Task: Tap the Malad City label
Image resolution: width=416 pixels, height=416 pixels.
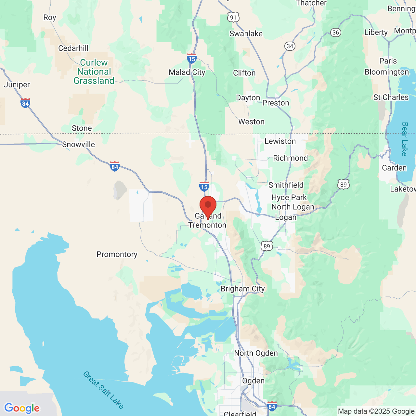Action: pyautogui.click(x=187, y=72)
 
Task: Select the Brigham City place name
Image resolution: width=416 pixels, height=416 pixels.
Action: pyautogui.click(x=243, y=289)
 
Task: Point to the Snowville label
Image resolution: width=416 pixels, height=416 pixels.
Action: pyautogui.click(x=78, y=145)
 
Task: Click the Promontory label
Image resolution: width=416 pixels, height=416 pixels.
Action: pyautogui.click(x=117, y=254)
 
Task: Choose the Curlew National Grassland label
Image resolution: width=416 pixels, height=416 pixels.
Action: pyautogui.click(x=94, y=71)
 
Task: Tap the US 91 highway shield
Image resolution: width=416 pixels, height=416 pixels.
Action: pyautogui.click(x=233, y=17)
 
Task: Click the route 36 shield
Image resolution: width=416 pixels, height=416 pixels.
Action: pyautogui.click(x=336, y=32)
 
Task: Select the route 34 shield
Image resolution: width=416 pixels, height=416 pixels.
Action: pyautogui.click(x=290, y=46)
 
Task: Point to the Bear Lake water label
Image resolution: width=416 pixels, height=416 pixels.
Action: pyautogui.click(x=405, y=139)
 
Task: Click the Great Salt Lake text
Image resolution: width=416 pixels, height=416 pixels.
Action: pyautogui.click(x=103, y=390)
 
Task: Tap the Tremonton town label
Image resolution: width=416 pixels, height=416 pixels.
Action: pyautogui.click(x=207, y=225)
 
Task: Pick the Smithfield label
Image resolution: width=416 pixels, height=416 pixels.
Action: pyautogui.click(x=286, y=185)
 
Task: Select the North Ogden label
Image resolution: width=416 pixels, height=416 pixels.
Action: pyautogui.click(x=256, y=353)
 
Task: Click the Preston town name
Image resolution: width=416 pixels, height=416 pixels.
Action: pyautogui.click(x=276, y=103)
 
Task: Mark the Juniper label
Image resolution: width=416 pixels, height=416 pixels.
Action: pyautogui.click(x=17, y=85)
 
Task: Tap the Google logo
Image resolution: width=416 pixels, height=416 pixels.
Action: pyautogui.click(x=22, y=408)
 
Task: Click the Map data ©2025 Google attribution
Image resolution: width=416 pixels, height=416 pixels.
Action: pyautogui.click(x=376, y=411)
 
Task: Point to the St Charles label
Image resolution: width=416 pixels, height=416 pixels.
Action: pyautogui.click(x=391, y=97)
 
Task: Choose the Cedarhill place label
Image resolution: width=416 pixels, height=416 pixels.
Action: pyautogui.click(x=73, y=48)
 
